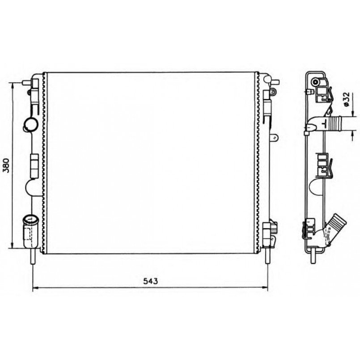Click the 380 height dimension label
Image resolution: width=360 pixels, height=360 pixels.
pos(6,165)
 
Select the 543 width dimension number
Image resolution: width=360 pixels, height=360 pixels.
pos(151,281)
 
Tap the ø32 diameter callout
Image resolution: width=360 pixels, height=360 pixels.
pos(346,99)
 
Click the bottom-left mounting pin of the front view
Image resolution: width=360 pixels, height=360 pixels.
pos(33,256)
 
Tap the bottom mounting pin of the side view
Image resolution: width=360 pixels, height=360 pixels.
pos(313,255)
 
